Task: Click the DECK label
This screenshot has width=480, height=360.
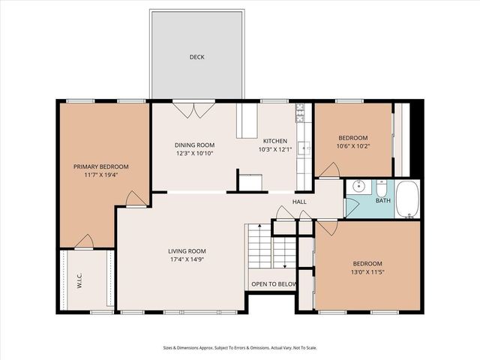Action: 196,57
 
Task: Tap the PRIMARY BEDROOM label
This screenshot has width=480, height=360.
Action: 100,166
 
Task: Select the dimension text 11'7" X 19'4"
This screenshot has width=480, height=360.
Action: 100,175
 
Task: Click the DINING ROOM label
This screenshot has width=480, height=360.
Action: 195,145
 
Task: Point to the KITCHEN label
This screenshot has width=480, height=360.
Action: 274,141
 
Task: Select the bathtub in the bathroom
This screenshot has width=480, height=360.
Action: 409,200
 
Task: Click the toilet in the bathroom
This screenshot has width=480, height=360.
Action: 381,187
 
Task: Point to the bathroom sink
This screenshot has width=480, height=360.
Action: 358,187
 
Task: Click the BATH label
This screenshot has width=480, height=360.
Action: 382,201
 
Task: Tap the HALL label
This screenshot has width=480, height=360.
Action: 299,202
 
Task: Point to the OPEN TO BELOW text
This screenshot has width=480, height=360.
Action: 274,284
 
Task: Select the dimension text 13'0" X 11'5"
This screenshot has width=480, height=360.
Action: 367,272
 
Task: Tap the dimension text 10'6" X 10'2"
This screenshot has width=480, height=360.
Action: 352,146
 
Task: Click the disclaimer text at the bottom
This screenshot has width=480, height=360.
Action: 240,347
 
